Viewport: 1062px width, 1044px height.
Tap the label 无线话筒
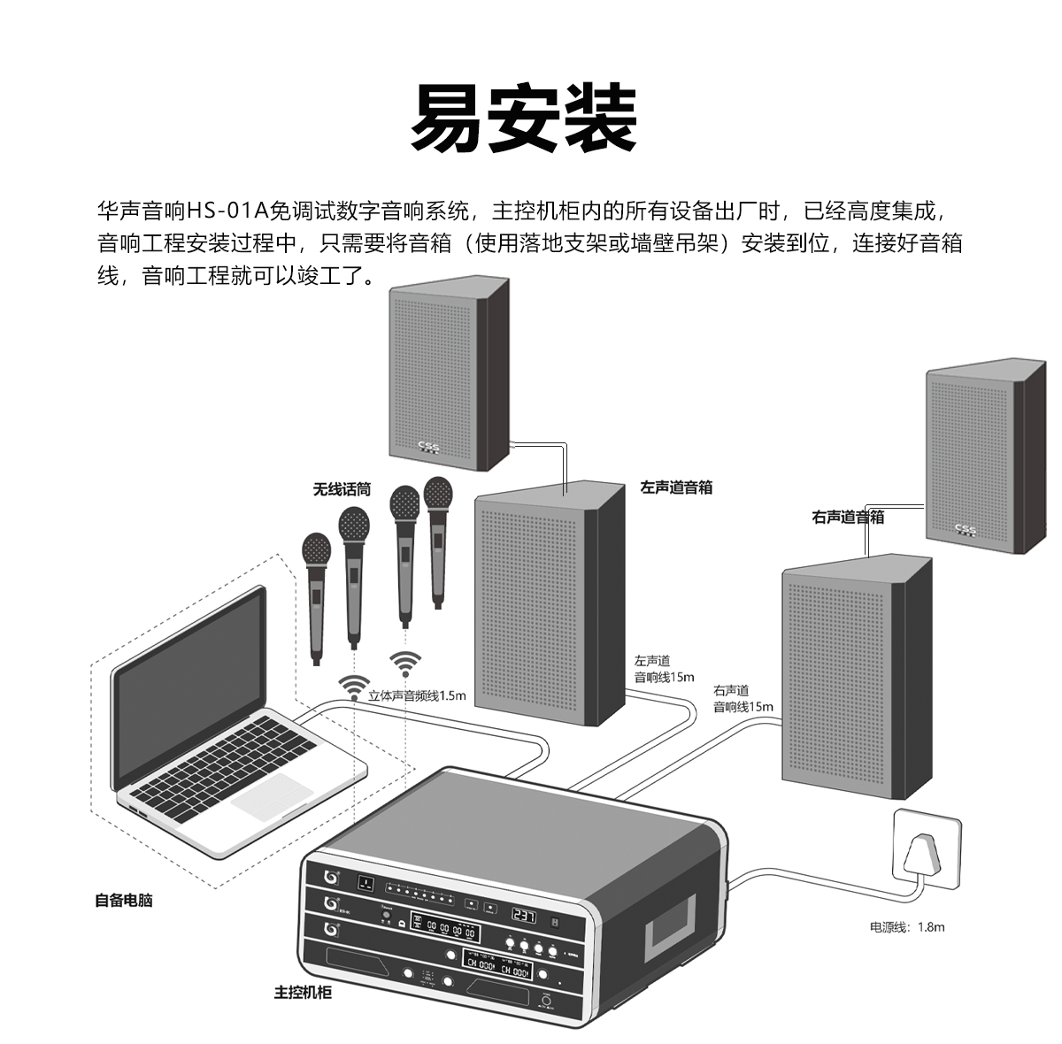click(x=342, y=489)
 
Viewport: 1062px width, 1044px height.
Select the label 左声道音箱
click(x=676, y=487)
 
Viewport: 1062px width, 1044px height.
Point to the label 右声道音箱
click(x=848, y=518)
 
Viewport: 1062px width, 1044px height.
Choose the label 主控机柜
click(x=303, y=993)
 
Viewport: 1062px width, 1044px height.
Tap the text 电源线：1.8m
click(x=907, y=927)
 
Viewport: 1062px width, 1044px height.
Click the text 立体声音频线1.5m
click(x=417, y=695)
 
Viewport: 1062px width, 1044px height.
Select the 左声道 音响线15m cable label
click(x=664, y=670)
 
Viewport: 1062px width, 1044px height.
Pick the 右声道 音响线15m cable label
click(x=743, y=699)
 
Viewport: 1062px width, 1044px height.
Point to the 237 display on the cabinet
click(x=524, y=917)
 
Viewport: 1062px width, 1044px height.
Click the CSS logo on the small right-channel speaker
click(x=965, y=530)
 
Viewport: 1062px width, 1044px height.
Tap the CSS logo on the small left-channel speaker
click(x=427, y=447)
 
